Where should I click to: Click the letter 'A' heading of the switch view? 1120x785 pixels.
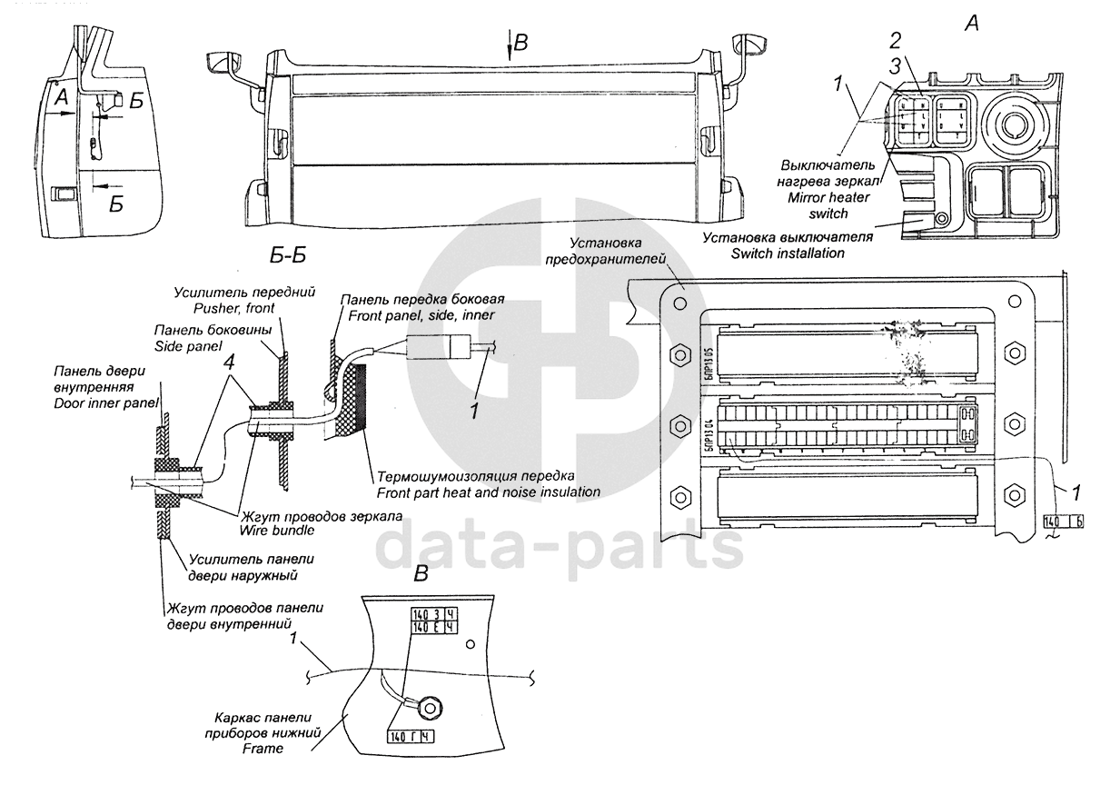click(971, 25)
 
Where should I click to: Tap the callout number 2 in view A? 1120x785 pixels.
click(895, 40)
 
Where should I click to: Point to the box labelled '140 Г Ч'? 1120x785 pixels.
click(410, 736)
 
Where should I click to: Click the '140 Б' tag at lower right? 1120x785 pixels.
click(1064, 522)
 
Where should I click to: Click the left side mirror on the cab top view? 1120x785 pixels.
click(222, 64)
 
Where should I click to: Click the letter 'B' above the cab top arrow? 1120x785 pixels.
click(520, 42)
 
